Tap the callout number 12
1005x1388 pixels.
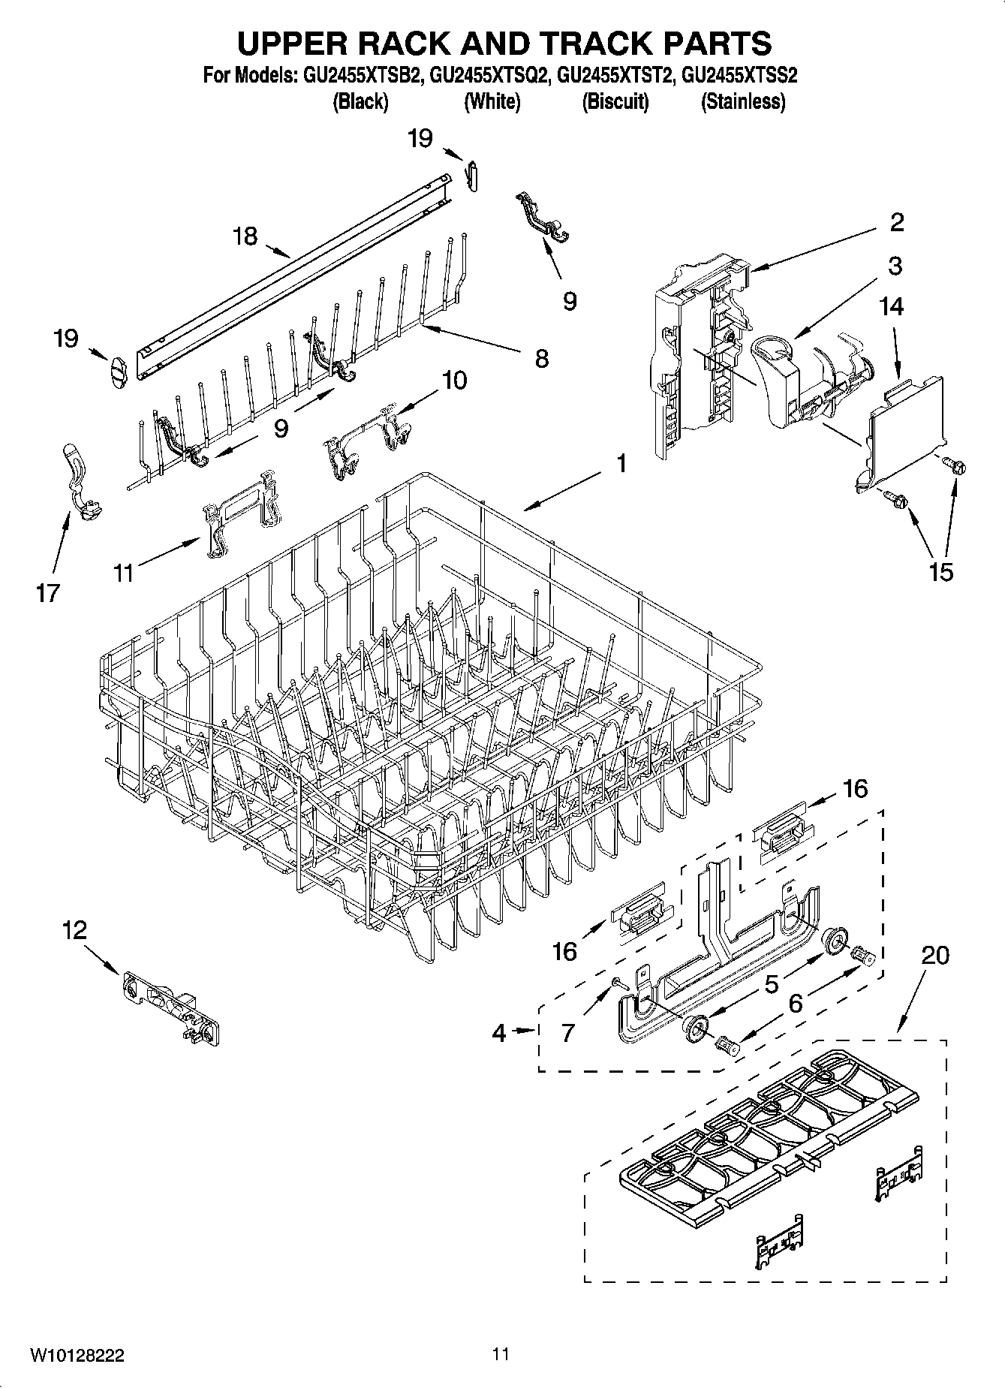[74, 931]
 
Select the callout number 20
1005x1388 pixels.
[934, 955]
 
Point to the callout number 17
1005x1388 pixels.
[47, 594]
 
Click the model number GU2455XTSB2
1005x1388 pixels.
[360, 76]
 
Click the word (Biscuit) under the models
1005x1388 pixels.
[615, 101]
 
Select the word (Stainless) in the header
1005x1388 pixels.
[742, 101]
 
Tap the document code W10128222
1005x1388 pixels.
[77, 1356]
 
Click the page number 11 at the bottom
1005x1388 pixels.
[501, 1354]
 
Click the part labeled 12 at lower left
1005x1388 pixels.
[171, 1007]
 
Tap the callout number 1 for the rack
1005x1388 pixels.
[621, 464]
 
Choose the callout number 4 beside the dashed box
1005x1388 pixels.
[499, 1033]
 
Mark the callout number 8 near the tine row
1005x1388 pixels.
[541, 358]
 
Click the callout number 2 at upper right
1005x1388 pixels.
[896, 221]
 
